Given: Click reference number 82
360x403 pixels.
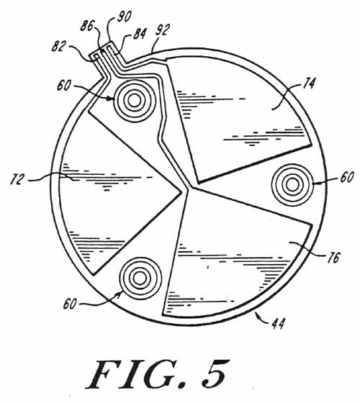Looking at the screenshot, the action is pos(59,46).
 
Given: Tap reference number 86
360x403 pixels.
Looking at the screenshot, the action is pos(87,25).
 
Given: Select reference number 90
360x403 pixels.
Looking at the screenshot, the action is pos(124,16).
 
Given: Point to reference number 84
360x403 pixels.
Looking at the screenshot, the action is pos(140,34).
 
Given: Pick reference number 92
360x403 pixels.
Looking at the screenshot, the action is pos(163,30).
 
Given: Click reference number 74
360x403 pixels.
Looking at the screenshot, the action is pos(309,83).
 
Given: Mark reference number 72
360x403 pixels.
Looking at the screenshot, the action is pos(17,179).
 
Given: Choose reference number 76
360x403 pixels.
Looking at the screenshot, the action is pos(333,258).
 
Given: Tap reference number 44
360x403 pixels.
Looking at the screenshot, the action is pos(279,324).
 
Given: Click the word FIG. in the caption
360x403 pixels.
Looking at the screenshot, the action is pos(135,373).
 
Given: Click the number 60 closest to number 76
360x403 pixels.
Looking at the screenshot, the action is pos(347,177).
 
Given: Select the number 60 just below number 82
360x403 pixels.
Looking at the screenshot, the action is pos(64,86).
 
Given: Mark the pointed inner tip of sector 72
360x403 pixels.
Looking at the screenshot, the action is pos(181,191).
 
